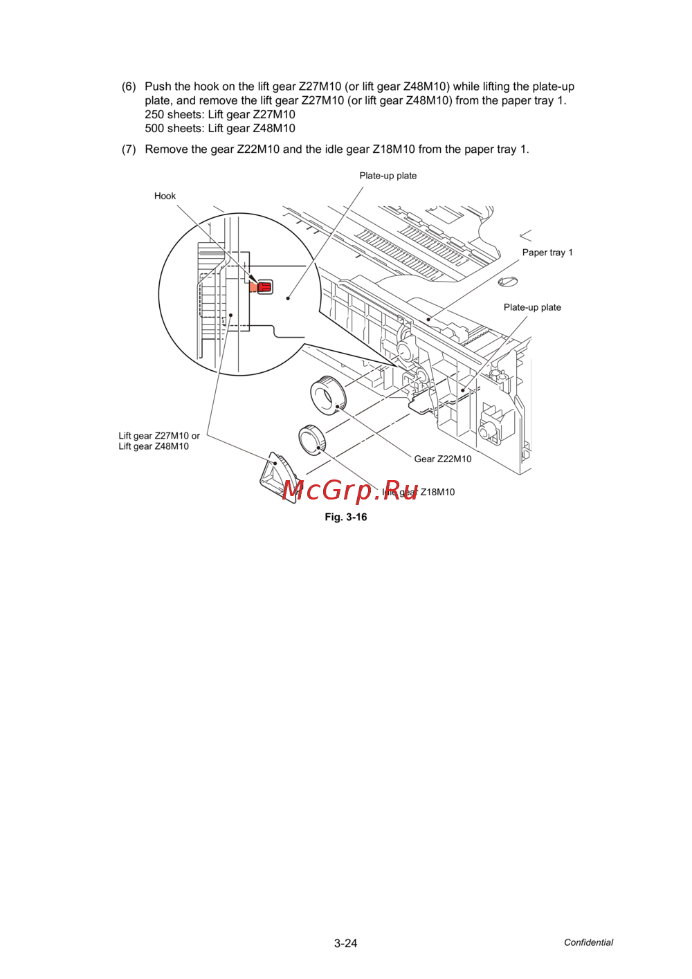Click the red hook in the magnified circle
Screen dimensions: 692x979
(265, 286)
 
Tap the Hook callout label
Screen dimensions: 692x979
(165, 196)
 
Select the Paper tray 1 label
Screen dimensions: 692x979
(547, 252)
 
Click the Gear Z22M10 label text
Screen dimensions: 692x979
(443, 459)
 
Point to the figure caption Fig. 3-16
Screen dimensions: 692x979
(346, 517)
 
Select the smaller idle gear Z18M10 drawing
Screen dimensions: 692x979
(313, 440)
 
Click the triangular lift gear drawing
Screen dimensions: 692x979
(278, 477)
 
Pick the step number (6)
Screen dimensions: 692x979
(129, 86)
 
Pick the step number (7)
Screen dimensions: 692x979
(129, 149)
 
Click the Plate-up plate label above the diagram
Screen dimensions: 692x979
(388, 176)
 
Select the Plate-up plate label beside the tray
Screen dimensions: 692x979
(532, 307)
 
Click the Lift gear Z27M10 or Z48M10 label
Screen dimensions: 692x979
(159, 441)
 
